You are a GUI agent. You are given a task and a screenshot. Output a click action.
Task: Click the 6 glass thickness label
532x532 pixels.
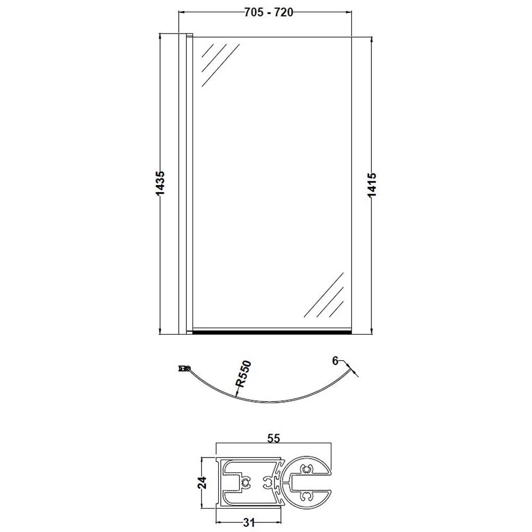point(335,361)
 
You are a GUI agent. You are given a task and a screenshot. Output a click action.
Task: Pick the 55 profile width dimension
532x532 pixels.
point(273,439)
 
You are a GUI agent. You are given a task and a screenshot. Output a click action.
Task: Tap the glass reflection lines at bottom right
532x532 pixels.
point(325,296)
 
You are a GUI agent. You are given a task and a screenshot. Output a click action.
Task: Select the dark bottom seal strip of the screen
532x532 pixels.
point(271,331)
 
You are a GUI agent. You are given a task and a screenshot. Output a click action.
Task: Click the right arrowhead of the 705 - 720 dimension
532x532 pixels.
point(350,13)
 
